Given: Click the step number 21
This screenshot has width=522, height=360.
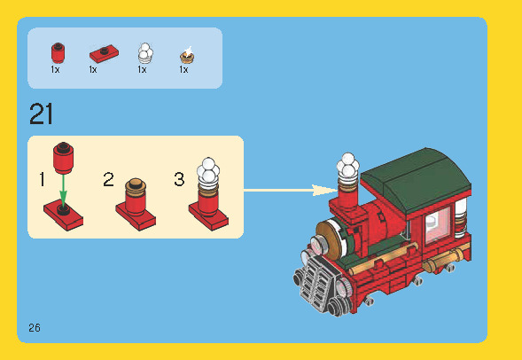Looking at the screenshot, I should point(42,114).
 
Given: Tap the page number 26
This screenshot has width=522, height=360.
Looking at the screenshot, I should point(35,327).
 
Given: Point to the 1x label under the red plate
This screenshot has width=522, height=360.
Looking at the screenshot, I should point(93,69).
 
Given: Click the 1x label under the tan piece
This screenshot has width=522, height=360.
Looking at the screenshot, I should point(184,69).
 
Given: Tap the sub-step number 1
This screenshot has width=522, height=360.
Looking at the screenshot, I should point(42,180).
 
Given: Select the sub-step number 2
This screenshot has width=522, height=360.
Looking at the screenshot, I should point(108,180).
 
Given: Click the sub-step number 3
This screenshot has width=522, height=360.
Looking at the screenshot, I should point(179,180).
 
